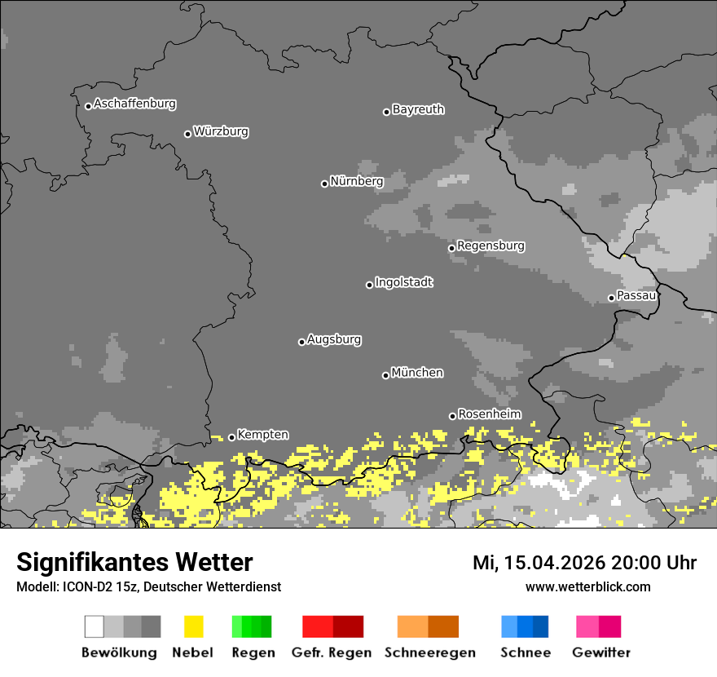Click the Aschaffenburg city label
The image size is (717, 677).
pos(134,104)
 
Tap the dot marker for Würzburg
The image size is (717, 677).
pos(187,134)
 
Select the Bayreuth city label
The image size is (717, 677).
pos(418,109)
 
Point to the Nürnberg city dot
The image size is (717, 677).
pos(324,184)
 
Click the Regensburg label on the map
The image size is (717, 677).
pos(490,246)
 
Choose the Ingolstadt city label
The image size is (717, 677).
pos(403,282)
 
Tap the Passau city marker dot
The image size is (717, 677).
pos(611,298)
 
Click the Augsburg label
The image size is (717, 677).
pos(334,339)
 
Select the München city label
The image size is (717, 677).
pos(417,373)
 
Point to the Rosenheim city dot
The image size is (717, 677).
pos(452,416)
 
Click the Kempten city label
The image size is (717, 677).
pos(262,436)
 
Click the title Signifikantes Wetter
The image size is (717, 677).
pos(134,562)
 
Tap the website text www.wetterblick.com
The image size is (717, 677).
pos(587,586)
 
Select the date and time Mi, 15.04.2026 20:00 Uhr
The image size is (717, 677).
pos(584,563)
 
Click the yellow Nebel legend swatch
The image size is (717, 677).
pos(193,626)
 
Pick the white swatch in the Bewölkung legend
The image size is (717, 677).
pos(95,626)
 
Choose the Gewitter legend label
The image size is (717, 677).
pos(600,653)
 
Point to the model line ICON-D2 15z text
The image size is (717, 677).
pos(148,586)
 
